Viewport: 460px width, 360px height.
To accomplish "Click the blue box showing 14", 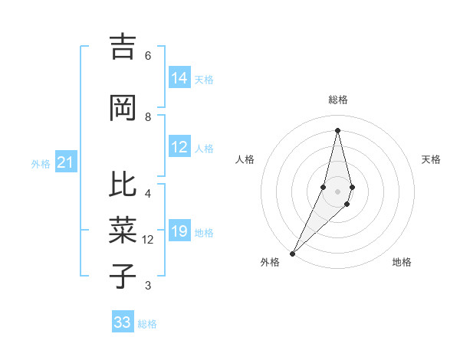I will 179,77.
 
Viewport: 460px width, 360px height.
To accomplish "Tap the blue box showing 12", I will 179,147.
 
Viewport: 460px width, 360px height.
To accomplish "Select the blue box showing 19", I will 179,232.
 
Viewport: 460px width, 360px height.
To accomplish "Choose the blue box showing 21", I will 65,162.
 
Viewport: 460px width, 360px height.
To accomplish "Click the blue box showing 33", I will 123,322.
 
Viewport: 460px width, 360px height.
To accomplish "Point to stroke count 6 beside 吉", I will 148,56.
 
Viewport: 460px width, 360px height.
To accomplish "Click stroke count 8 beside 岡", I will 148,117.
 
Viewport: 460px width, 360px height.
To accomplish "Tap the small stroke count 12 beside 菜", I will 148,240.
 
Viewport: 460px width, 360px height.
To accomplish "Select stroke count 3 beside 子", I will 148,286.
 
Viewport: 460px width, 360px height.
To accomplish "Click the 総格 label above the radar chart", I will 337,100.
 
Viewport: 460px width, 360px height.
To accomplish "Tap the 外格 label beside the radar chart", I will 270,263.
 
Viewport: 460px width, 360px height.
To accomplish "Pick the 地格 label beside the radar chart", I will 402,263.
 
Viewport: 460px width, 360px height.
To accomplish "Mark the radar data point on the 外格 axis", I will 292,253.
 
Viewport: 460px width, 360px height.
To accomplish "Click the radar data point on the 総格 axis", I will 337,130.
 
